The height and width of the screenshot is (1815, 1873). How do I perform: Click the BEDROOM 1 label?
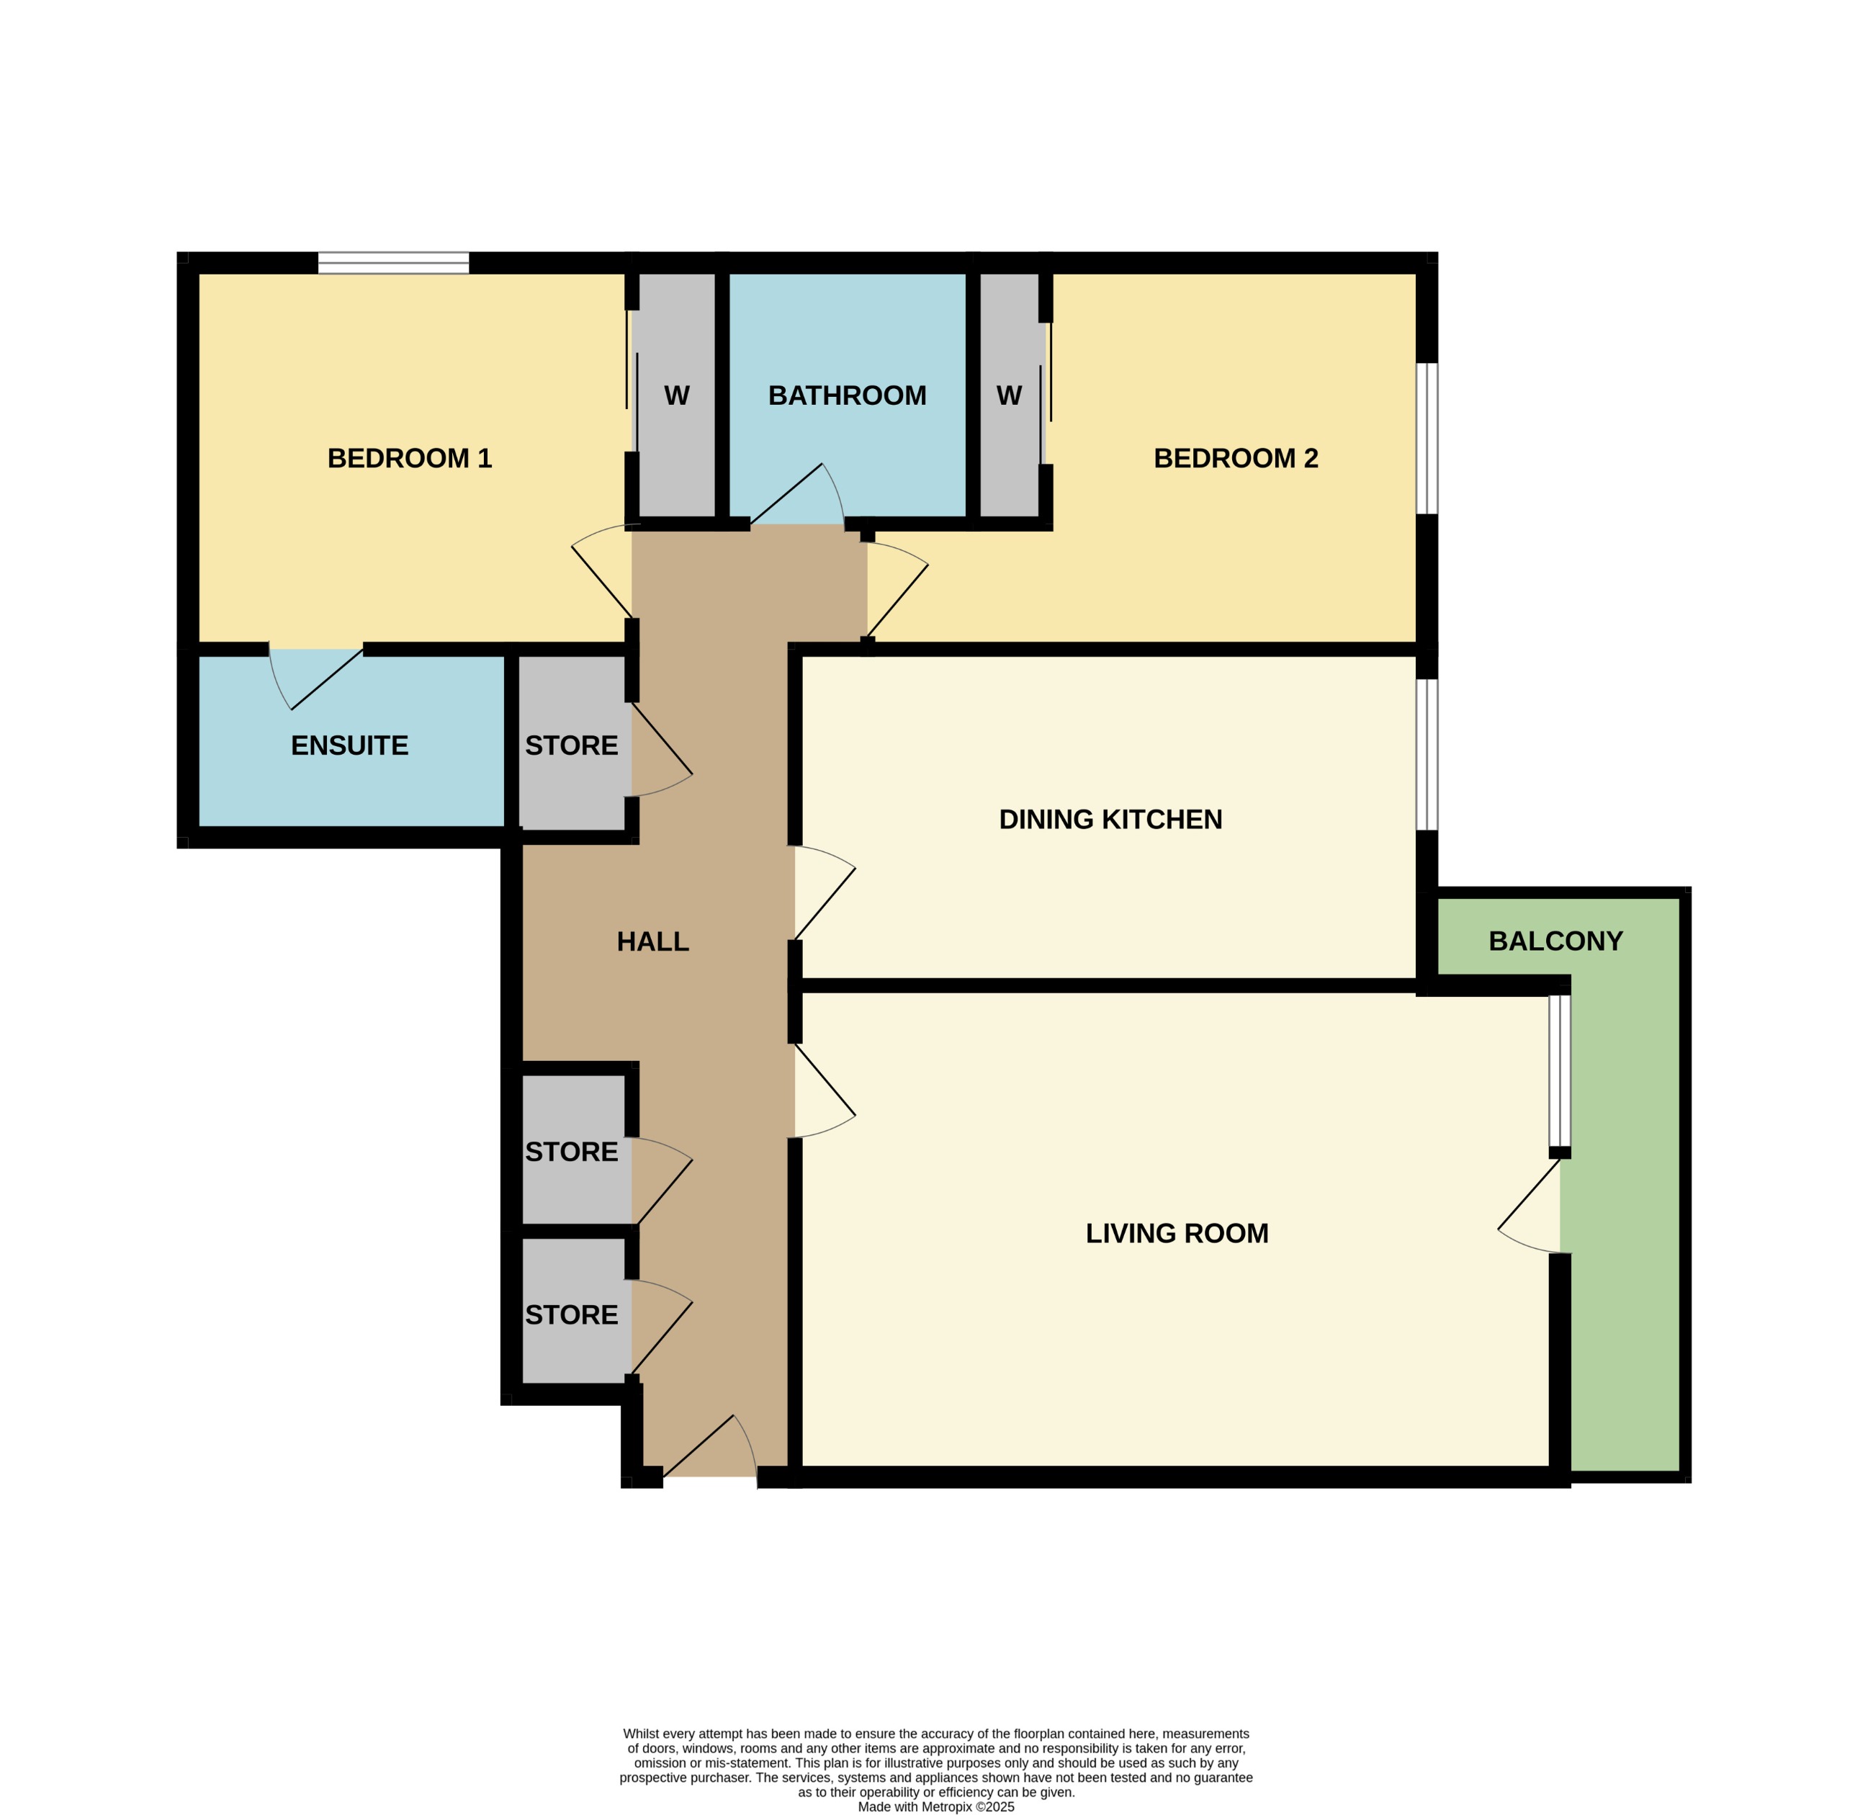pos(409,459)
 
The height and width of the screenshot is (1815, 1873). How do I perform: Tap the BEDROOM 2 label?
pos(1236,459)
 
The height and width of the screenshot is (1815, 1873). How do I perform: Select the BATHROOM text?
pos(847,395)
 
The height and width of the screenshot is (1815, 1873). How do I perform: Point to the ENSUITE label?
pos(350,745)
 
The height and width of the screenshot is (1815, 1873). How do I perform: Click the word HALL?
pos(652,941)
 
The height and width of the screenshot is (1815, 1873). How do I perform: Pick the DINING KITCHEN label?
pos(1110,819)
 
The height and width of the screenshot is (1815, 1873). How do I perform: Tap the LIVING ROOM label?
pos(1177,1233)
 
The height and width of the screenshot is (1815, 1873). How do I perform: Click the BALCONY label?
pos(1555,941)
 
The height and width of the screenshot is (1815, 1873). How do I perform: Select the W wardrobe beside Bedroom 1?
pos(677,395)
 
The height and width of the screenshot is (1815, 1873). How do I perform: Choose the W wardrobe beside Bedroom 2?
pos(1009,395)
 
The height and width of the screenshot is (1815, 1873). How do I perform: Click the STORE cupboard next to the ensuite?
pos(572,745)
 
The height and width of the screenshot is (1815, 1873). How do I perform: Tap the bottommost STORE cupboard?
pos(572,1314)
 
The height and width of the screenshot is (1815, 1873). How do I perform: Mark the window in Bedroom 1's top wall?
pos(394,263)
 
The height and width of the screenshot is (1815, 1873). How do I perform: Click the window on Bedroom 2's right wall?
pos(1426,438)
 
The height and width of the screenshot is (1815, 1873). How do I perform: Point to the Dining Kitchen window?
pos(1426,754)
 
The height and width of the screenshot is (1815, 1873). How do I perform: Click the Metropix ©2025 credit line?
pos(935,1806)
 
